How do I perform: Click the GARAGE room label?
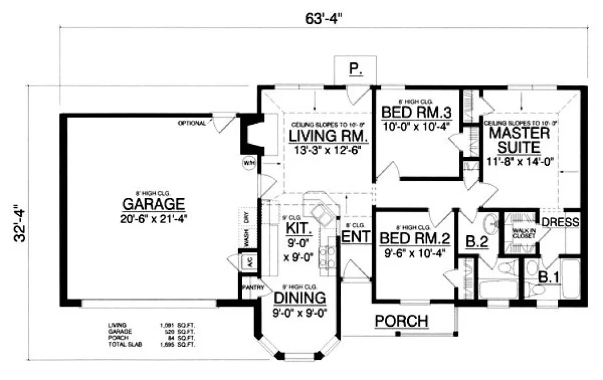tap(153, 204)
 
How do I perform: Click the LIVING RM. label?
tap(328, 137)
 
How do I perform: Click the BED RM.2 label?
tap(412, 238)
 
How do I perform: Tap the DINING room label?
tap(299, 298)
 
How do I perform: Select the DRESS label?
tap(561, 222)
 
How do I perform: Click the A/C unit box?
tap(250, 262)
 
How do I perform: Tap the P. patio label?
tap(355, 70)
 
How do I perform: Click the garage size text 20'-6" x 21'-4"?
tap(153, 218)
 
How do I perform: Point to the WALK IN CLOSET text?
tap(520, 233)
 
